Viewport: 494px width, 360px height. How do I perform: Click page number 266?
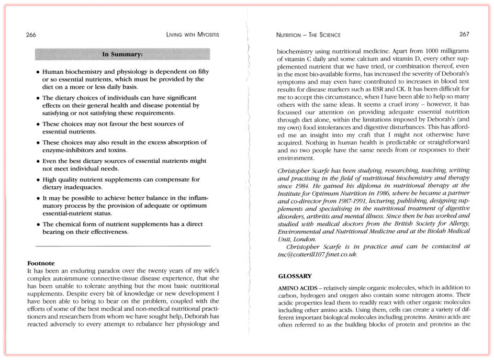click(31, 35)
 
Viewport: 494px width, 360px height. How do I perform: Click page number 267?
click(464, 35)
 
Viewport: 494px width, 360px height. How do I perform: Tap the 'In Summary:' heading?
click(122, 54)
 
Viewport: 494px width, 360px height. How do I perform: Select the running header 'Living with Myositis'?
click(192, 35)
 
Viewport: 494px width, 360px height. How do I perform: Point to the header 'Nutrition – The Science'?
click(308, 35)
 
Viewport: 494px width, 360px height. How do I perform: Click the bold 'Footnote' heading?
click(41, 263)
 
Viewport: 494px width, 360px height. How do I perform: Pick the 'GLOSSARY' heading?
click(295, 276)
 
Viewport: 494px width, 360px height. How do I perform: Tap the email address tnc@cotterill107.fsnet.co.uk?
click(317, 254)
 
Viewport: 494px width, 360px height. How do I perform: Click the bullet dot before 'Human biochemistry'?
click(37, 72)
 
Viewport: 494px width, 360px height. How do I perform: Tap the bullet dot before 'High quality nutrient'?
click(37, 180)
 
